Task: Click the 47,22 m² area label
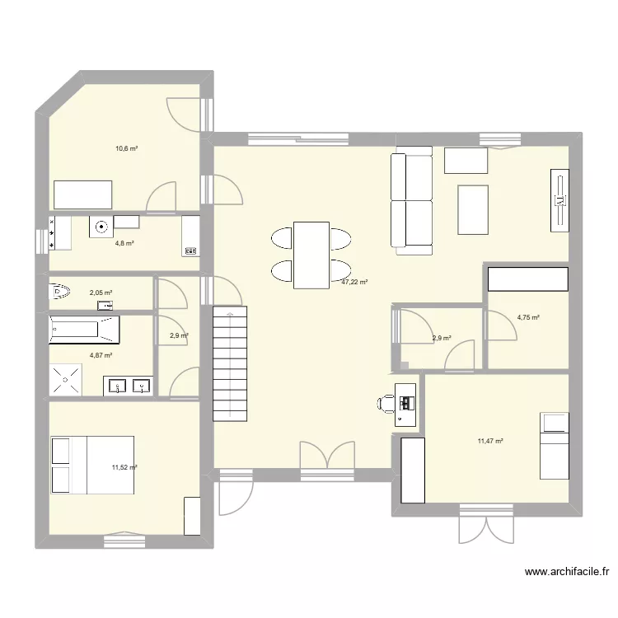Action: coord(354,282)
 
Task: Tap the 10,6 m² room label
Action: coord(126,149)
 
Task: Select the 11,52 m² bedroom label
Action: coord(124,467)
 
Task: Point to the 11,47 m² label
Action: coord(489,441)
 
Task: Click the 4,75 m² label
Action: coord(527,317)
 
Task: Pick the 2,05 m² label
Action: coord(101,293)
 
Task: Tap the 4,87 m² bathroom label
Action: coord(101,355)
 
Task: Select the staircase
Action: coord(230,363)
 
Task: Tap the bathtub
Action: coord(84,330)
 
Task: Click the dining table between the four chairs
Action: coord(311,255)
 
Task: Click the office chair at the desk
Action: coord(386,403)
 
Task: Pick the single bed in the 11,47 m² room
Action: coord(554,445)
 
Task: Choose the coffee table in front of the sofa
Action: coord(472,210)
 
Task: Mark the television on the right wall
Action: coord(559,199)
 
